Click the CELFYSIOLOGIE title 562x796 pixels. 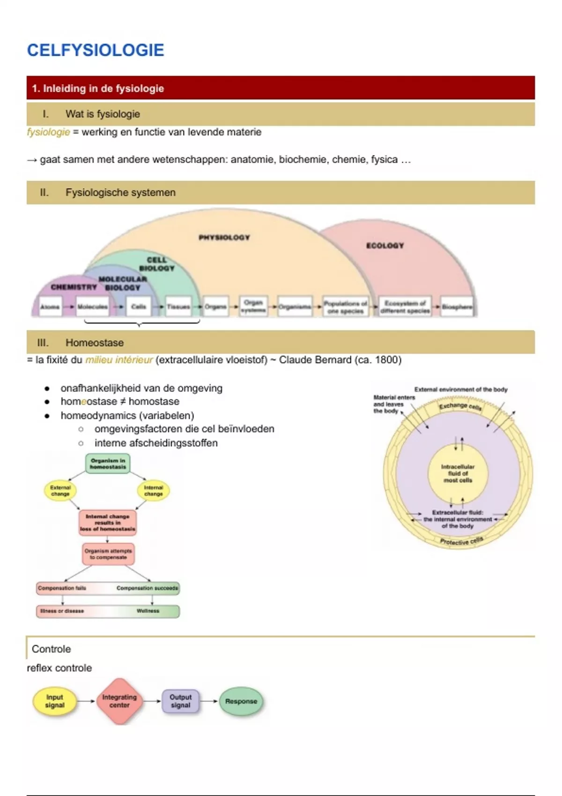tap(96, 50)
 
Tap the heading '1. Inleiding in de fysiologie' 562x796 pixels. tap(98, 88)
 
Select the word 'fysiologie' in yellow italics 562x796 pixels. tap(48, 132)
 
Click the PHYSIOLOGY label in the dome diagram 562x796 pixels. tap(224, 237)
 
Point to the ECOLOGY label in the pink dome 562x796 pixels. tap(385, 245)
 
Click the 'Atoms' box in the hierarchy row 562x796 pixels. tap(50, 307)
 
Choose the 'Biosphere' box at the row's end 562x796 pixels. tap(457, 307)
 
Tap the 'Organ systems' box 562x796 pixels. tap(253, 306)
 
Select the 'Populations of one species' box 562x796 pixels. tap(346, 307)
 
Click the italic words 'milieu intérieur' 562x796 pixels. tap(119, 360)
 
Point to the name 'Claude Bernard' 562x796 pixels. tap(315, 360)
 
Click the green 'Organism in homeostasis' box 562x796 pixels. tap(108, 464)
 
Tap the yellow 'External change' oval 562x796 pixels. tap(60, 490)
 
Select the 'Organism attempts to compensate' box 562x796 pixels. tap(108, 554)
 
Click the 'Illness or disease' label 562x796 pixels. tap(61, 611)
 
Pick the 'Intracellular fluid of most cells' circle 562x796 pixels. tap(458, 473)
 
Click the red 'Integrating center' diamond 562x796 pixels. tap(119, 701)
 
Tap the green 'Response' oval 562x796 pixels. tap(241, 701)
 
